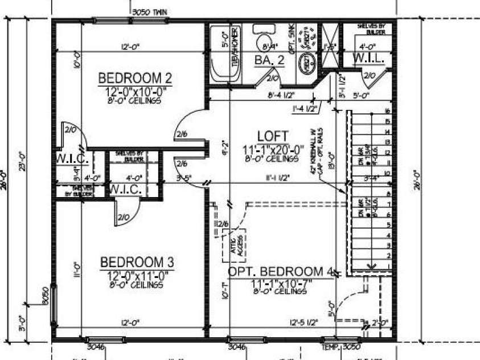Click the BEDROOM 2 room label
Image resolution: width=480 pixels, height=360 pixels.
point(135,77)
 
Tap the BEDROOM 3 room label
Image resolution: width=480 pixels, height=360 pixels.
point(137,263)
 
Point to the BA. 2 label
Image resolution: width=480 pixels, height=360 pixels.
point(269,60)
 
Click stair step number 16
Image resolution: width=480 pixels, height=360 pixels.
point(387,112)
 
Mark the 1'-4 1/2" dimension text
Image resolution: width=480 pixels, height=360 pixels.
point(304,107)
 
